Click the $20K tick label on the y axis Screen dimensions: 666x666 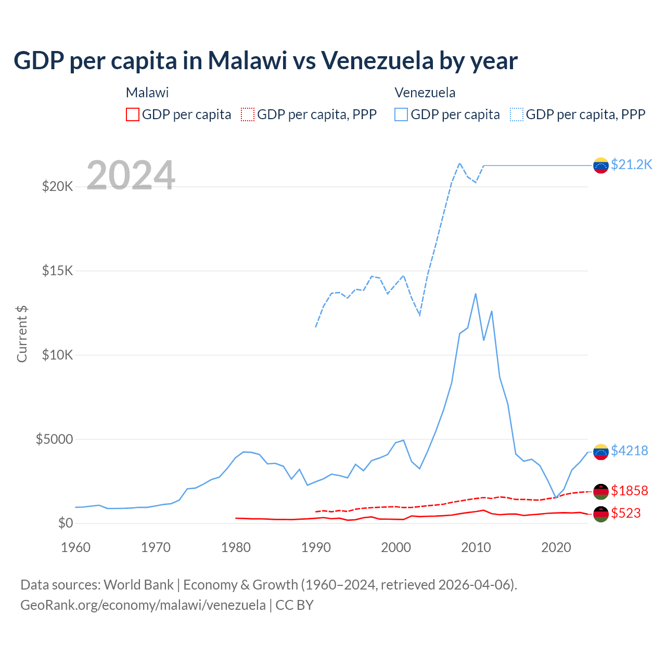[x=57, y=186]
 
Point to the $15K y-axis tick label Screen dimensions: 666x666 [x=57, y=271]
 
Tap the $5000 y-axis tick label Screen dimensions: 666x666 [x=54, y=439]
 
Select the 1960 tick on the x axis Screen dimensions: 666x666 [x=76, y=547]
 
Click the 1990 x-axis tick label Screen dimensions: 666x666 [x=316, y=547]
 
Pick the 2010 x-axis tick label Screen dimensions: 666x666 [x=476, y=547]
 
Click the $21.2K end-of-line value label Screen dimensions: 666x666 [x=631, y=164]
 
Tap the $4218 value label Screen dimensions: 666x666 [x=629, y=451]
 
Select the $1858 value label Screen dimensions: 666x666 [x=629, y=491]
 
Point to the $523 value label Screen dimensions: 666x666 [x=625, y=513]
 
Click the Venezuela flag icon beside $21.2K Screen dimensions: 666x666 [x=601, y=165]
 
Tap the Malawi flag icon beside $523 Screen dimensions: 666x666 [x=601, y=514]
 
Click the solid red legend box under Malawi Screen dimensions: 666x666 [x=133, y=114]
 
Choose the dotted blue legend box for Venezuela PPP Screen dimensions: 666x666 [x=517, y=114]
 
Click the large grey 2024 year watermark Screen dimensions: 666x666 [x=131, y=175]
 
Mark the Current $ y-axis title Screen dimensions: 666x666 [x=22, y=334]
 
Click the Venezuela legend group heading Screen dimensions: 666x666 [x=425, y=93]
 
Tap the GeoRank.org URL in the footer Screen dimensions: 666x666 [x=143, y=605]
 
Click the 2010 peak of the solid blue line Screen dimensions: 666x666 [x=476, y=294]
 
